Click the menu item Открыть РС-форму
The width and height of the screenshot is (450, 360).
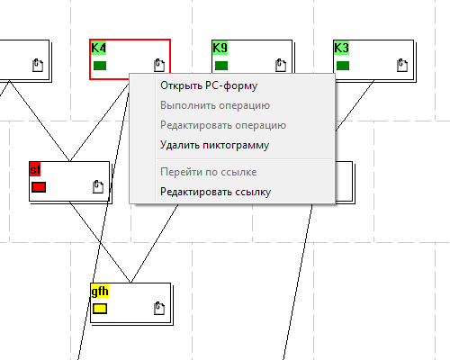click(x=209, y=85)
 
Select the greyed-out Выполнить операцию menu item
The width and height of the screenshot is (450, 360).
click(x=215, y=105)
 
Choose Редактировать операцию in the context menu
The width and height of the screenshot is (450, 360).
click(x=223, y=125)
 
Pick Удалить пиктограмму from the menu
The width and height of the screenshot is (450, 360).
click(x=215, y=145)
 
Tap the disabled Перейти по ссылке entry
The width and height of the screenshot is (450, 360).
click(x=209, y=172)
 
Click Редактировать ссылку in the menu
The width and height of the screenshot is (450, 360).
click(x=216, y=192)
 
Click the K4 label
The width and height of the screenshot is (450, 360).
click(x=98, y=48)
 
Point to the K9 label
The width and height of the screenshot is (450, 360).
click(x=220, y=48)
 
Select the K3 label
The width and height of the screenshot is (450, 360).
click(x=341, y=48)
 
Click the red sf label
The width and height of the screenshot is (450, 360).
click(x=35, y=170)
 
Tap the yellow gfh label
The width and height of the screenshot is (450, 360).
click(x=100, y=291)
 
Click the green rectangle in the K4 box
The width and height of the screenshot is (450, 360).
click(x=100, y=66)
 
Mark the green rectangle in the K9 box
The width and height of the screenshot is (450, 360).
click(x=221, y=66)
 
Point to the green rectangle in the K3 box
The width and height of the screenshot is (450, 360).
click(x=343, y=66)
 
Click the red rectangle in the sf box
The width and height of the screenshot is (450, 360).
click(x=39, y=187)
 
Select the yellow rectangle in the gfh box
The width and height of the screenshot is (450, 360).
click(x=100, y=309)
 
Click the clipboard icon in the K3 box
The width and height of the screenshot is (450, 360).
click(x=402, y=65)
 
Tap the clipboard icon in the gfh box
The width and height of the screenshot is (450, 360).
click(x=159, y=308)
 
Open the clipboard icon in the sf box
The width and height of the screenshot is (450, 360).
click(x=98, y=186)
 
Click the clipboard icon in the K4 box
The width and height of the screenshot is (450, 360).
click(x=159, y=65)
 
